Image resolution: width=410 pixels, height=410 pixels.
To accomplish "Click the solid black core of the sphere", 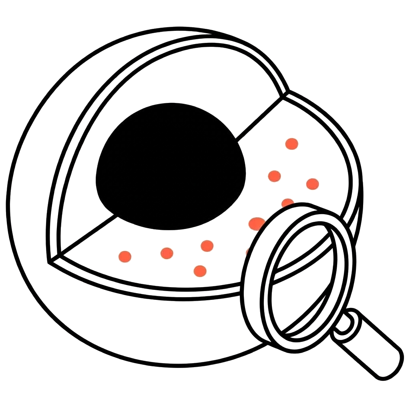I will [x=170, y=166].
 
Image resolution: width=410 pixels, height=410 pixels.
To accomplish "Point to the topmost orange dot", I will [x=291, y=144].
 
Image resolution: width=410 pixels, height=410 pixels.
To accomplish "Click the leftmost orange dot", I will [x=125, y=256].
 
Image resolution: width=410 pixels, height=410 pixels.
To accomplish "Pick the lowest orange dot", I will [x=200, y=271].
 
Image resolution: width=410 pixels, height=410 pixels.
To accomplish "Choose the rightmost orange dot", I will [x=312, y=184].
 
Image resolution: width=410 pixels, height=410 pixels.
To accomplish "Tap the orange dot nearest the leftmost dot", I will [x=167, y=253].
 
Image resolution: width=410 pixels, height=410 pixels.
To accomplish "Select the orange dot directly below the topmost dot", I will [x=274, y=176].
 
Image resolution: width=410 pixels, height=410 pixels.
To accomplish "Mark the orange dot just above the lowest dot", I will [x=207, y=245].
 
